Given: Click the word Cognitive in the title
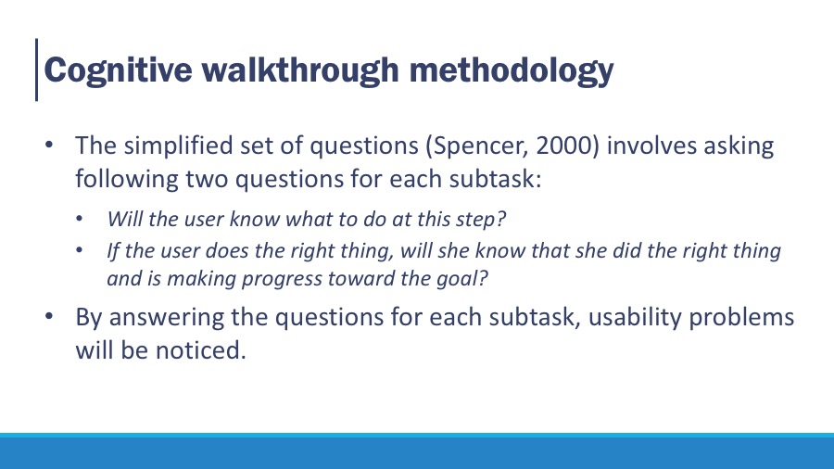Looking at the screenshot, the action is (x=118, y=70).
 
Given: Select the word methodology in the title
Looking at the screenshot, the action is (x=512, y=70).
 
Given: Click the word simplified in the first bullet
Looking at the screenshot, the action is (x=178, y=146).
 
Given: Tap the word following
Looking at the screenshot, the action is (x=127, y=179).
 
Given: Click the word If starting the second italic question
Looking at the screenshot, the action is (x=113, y=250).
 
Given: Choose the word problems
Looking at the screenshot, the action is (x=741, y=318).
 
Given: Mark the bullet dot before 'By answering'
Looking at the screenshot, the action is (x=49, y=316).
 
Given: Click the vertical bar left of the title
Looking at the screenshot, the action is (x=37, y=70).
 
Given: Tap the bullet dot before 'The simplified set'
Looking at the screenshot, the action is (x=49, y=145).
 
